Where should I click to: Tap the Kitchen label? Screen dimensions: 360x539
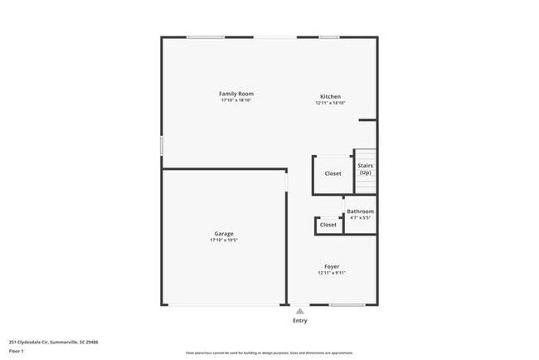click(330, 96)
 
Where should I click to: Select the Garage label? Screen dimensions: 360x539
click(224, 234)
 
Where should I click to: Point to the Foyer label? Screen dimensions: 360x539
click(331, 266)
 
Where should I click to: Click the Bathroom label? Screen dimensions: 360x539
click(360, 212)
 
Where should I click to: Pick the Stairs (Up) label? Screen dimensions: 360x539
click(365, 168)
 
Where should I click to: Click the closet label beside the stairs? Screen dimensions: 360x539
click(333, 173)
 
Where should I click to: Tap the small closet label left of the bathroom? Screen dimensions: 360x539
click(328, 225)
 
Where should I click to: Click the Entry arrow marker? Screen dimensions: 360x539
click(299, 311)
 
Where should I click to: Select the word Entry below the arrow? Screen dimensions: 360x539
click(299, 320)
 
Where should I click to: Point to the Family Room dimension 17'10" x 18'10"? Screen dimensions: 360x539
click(236, 100)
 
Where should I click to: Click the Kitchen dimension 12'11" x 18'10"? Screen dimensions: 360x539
click(330, 104)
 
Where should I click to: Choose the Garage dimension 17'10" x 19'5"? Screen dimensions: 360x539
click(224, 241)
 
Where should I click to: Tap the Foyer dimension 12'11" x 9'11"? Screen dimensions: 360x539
click(331, 274)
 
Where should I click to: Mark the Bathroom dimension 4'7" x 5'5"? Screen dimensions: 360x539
click(360, 218)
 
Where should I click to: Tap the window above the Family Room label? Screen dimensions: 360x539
click(205, 37)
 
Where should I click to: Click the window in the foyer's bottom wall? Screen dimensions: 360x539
click(347, 304)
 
